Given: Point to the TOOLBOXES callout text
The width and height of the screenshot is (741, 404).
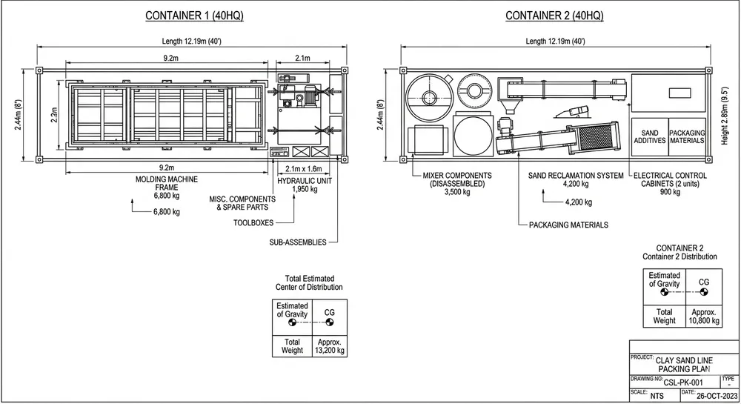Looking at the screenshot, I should [254, 222].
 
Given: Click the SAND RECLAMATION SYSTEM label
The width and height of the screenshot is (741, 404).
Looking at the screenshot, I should [571, 176].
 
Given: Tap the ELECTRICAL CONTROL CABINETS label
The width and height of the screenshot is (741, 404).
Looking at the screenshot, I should [671, 180].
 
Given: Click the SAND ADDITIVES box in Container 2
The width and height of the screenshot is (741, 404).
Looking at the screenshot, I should [649, 136].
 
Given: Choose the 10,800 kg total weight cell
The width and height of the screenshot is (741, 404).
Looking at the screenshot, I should [702, 317].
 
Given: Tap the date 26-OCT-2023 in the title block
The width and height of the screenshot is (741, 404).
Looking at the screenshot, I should [715, 395].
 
